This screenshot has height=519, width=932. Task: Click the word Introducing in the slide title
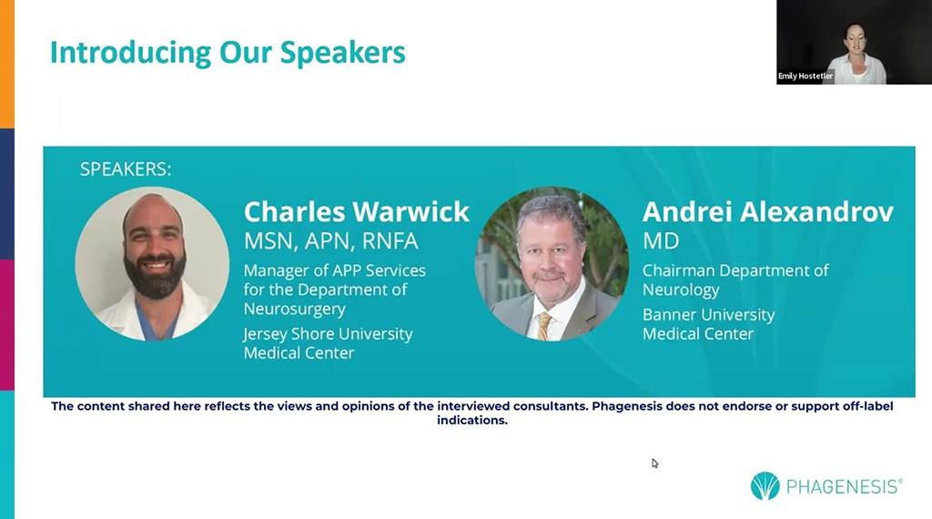130,54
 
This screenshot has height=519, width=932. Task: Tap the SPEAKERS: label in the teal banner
126,169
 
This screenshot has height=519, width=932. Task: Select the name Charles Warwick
357,211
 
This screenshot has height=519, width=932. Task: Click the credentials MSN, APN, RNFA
331,240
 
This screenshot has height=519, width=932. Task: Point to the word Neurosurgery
295,310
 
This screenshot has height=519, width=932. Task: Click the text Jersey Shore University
328,334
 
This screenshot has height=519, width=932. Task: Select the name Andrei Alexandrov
768,211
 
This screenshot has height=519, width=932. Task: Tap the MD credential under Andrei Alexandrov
661,240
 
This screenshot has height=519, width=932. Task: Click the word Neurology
681,290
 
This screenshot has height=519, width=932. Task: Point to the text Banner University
708,314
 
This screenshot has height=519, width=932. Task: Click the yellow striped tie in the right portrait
544,326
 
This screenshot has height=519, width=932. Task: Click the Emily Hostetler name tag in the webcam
805,76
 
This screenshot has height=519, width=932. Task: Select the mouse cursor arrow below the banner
654,463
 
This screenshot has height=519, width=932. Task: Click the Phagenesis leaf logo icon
765,485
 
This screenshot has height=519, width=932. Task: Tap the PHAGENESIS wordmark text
844,487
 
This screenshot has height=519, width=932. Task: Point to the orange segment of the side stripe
7,64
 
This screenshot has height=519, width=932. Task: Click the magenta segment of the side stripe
7,324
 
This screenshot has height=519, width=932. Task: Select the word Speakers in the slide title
343,54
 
